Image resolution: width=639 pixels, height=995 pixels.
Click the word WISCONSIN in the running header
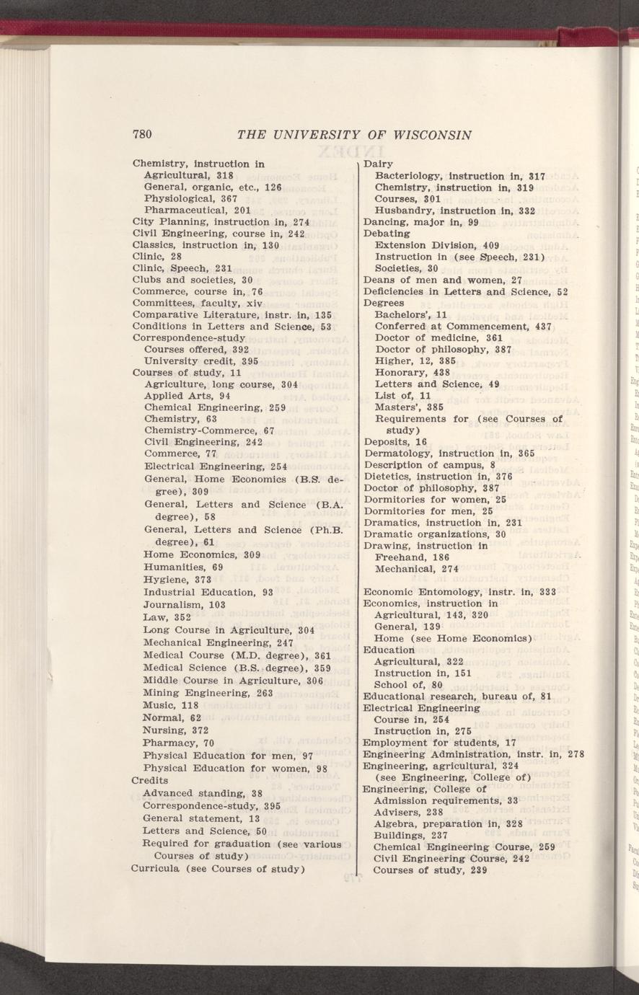pos(431,135)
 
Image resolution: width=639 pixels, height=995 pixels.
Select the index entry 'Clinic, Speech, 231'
pos(182,267)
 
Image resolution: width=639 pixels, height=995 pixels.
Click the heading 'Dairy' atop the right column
pos(378,164)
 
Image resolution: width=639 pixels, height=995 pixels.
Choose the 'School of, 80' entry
pos(407,684)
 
